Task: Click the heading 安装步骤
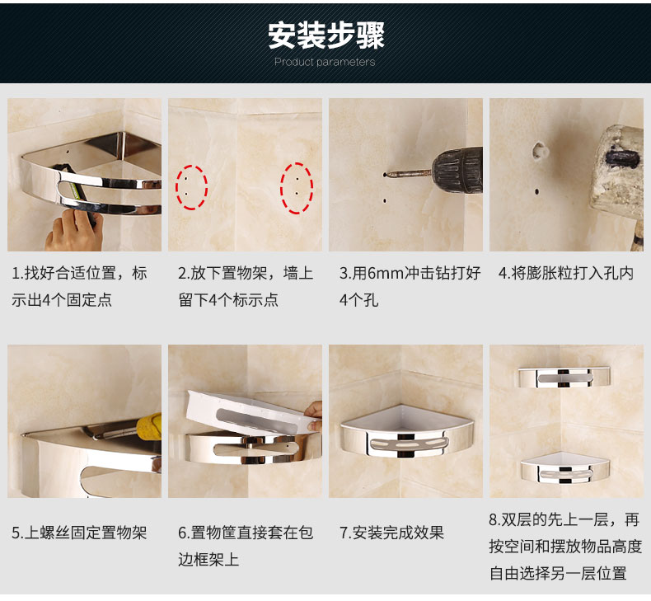pos(326,35)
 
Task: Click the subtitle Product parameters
pos(325,63)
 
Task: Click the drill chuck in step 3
pos(457,170)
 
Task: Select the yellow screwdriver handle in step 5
pos(149,426)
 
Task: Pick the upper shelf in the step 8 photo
pos(564,377)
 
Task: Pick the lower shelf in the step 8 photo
pos(564,467)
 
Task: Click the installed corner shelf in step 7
pos(406,431)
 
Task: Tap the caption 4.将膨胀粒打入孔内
pos(566,274)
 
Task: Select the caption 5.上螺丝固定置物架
pos(79,533)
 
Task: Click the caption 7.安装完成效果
pos(392,533)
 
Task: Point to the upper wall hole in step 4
pos(539,150)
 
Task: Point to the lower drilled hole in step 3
pos(385,201)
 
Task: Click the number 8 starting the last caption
pos(493,519)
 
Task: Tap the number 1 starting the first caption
pos(16,274)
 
